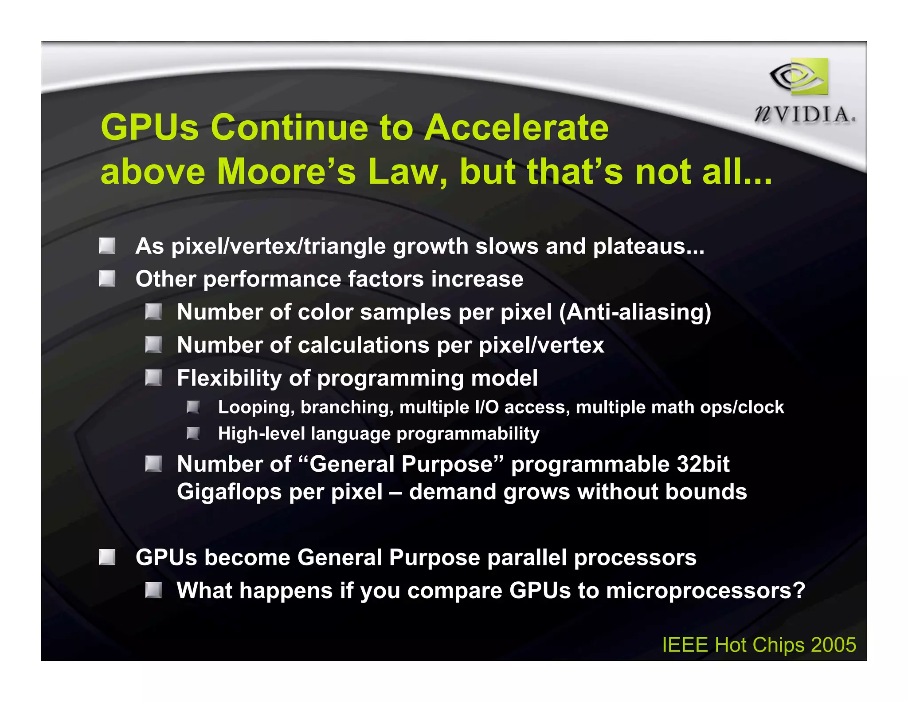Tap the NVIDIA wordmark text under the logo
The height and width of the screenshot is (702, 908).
pyautogui.click(x=805, y=115)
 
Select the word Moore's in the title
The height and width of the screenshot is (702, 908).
pyautogui.click(x=286, y=172)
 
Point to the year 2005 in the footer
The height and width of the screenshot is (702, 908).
pyautogui.click(x=833, y=645)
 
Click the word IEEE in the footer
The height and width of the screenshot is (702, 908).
pyautogui.click(x=685, y=645)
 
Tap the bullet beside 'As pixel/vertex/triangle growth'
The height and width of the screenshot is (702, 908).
pyautogui.click(x=107, y=246)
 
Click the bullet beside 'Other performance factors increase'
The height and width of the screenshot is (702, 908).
pyautogui.click(x=107, y=279)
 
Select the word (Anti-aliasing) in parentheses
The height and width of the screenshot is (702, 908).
pyautogui.click(x=635, y=312)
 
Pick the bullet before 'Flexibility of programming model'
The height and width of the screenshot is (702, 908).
pyautogui.click(x=153, y=378)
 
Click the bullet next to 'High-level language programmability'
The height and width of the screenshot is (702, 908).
pyautogui.click(x=193, y=433)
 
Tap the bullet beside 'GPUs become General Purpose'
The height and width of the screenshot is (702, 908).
pyautogui.click(x=107, y=557)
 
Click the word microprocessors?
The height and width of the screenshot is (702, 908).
pyautogui.click(x=705, y=591)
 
